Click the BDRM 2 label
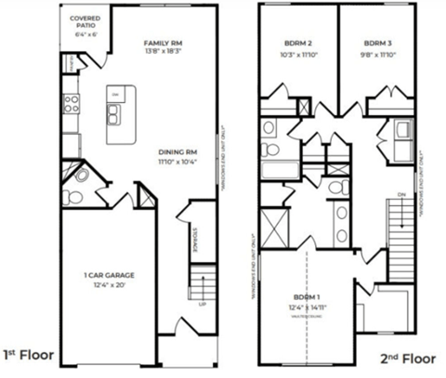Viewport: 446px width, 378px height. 297,44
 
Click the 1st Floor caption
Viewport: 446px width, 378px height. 29,354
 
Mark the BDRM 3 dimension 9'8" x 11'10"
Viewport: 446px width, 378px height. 377,54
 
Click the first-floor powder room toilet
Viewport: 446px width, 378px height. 79,174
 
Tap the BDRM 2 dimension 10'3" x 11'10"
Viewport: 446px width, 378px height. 297,54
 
